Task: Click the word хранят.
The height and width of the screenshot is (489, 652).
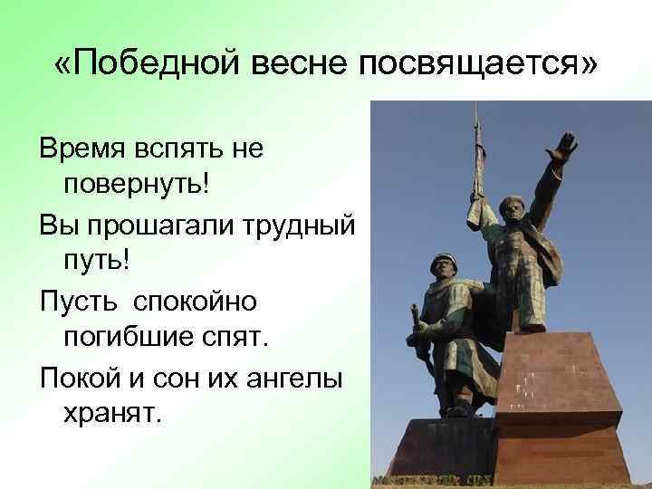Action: (x=111, y=413)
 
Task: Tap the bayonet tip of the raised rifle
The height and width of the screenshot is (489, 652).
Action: (x=477, y=110)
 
